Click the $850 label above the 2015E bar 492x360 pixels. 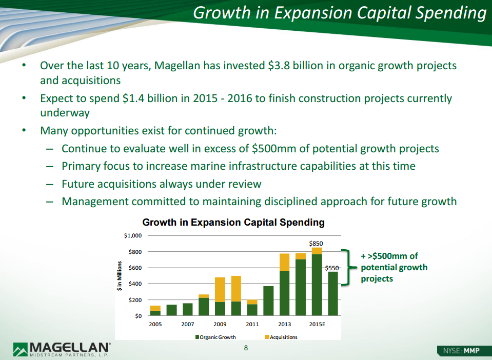pos(316,244)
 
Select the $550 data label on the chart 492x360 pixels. pos(331,268)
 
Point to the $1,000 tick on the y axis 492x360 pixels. pos(133,235)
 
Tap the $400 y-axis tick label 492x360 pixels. pos(135,284)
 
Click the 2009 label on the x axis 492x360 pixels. pos(220,324)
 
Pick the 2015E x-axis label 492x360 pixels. pos(317,324)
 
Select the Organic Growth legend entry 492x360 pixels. pos(215,337)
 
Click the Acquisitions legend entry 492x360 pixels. pos(281,337)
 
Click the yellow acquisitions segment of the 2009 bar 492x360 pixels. pos(220,289)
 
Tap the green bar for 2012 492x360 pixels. pos(269,301)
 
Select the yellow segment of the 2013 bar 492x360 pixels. pos(285,262)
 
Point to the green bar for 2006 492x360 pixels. pos(172,310)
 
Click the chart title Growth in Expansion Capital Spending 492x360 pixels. pos(233,223)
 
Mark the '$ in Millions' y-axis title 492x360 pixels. pos(119,276)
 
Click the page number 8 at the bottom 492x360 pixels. pos(246,348)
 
